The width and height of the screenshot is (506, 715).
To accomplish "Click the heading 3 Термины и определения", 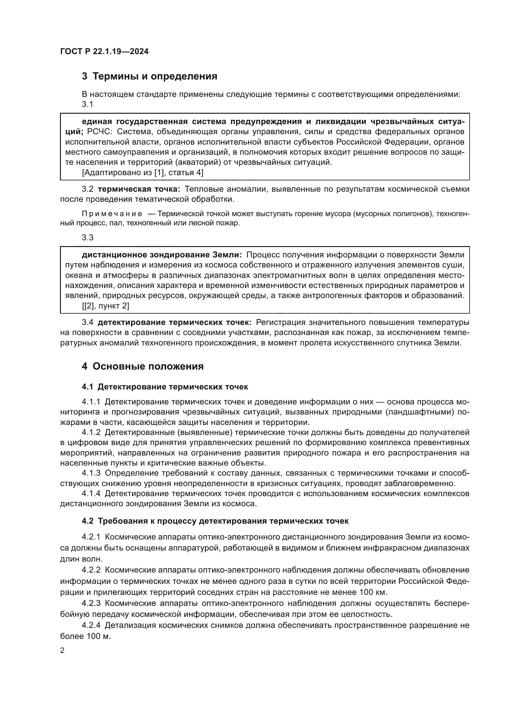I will click(x=149, y=76).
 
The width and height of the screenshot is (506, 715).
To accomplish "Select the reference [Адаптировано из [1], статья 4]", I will click(x=142, y=172).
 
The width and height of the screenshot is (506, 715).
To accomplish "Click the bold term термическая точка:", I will click(x=139, y=189).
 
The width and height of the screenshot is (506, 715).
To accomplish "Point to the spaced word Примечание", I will click(x=112, y=214).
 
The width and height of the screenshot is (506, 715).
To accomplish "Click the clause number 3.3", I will click(x=87, y=238).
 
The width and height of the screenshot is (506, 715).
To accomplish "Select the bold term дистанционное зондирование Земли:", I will click(x=162, y=255).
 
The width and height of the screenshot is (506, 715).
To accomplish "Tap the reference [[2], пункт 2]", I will click(x=105, y=306).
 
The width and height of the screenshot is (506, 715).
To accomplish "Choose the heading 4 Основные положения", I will click(x=142, y=366).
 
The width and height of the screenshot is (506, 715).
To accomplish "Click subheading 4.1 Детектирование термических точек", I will click(x=165, y=387).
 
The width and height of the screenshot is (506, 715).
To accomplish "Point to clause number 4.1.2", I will click(x=91, y=432).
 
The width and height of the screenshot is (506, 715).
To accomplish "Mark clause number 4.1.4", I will click(x=91, y=494).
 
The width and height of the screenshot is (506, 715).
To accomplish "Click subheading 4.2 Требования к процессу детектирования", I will click(x=215, y=521).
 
